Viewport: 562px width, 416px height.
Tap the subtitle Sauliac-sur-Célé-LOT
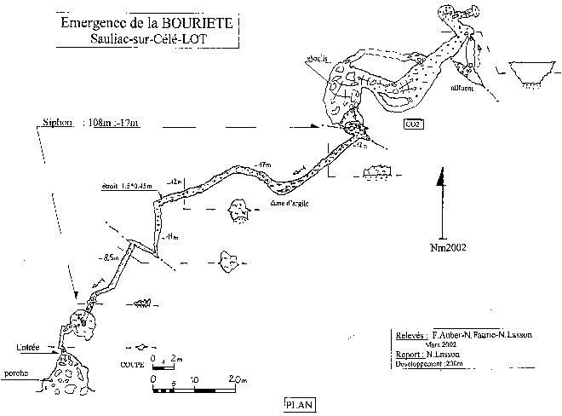(x=161, y=40)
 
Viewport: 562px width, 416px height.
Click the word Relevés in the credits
(x=411, y=336)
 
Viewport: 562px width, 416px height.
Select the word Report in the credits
(x=410, y=353)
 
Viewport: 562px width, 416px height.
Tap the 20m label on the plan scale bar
(x=238, y=379)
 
